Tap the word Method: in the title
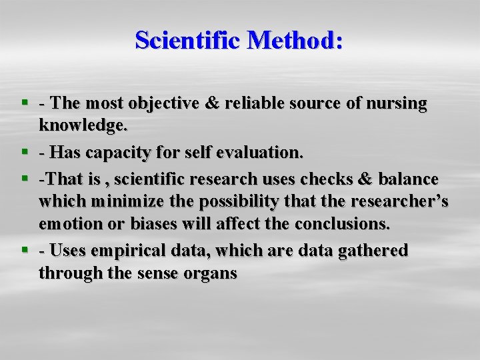(295, 40)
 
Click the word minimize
(127, 201)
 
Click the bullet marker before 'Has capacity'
(25, 153)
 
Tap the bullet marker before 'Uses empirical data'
(25, 251)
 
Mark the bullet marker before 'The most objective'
(25, 103)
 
